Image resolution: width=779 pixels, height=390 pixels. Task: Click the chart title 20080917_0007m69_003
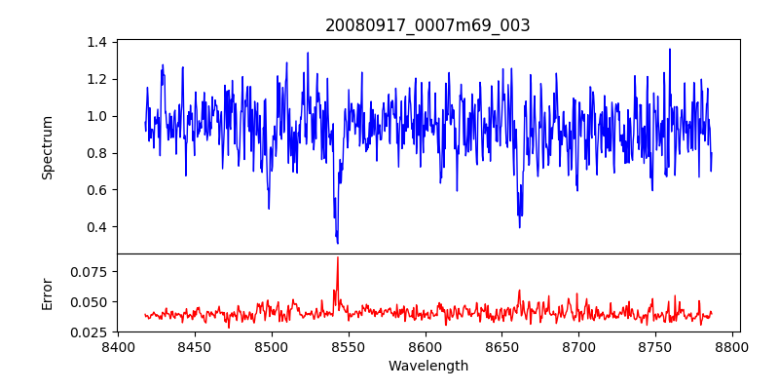[x=427, y=25]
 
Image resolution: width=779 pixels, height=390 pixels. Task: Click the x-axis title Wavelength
[x=427, y=366]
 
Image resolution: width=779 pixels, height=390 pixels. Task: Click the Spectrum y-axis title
[x=48, y=147]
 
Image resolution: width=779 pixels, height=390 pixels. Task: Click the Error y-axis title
[x=48, y=293]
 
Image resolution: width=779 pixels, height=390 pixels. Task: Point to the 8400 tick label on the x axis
[x=118, y=346]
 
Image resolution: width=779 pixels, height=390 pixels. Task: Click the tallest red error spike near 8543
[x=338, y=258]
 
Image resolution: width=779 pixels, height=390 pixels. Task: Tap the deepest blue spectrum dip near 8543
[x=337, y=242]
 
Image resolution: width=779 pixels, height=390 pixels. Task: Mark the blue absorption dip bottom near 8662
[x=519, y=226]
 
